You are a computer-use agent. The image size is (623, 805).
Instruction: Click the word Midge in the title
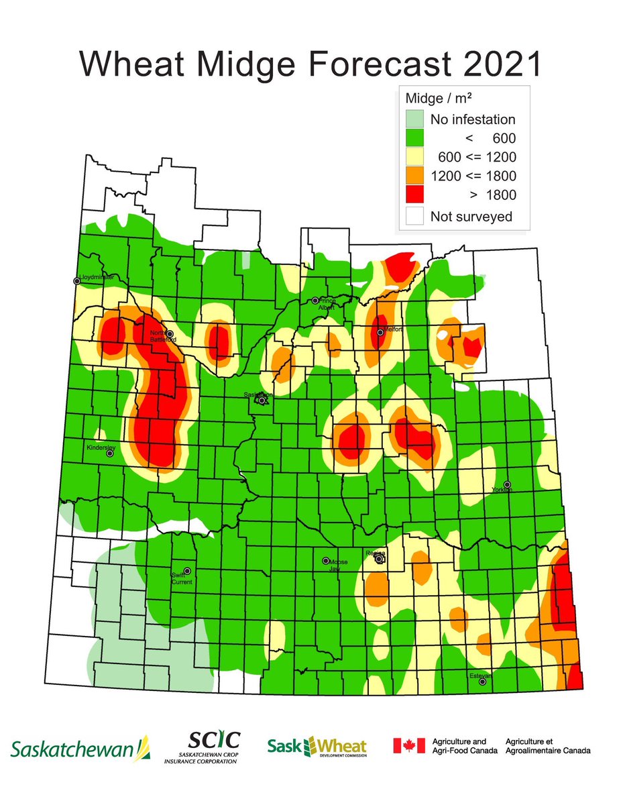(254, 65)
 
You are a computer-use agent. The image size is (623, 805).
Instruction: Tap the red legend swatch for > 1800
(414, 195)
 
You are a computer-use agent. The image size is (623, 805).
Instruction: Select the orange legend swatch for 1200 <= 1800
(414, 176)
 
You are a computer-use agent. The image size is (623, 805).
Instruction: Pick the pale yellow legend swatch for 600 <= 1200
(414, 158)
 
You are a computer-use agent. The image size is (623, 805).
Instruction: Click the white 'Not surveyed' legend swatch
(414, 215)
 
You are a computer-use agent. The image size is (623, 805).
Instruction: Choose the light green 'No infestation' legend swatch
(414, 120)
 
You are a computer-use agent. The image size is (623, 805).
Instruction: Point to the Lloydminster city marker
(77, 281)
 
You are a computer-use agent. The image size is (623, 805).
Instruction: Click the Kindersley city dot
(110, 453)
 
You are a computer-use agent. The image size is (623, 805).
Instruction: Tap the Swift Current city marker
(187, 571)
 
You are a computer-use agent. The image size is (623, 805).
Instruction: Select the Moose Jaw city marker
(326, 561)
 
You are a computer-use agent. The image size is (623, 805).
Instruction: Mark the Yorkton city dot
(508, 484)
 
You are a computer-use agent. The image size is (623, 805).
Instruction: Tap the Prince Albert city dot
(315, 301)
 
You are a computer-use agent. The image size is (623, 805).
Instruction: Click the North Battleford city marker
(170, 334)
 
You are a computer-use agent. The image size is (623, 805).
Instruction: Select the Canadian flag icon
(409, 746)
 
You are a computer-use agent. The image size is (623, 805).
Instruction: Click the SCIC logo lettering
(213, 740)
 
